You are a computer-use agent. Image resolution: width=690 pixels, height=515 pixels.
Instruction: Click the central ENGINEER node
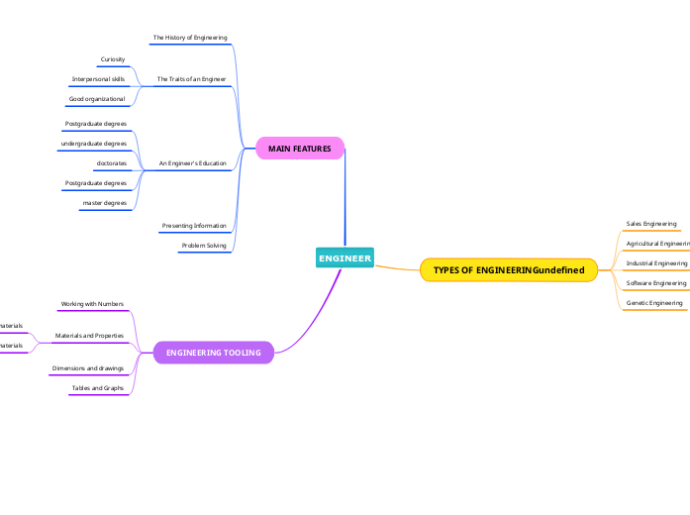click(345, 258)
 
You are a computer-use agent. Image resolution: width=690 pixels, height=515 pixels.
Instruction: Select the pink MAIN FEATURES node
click(299, 149)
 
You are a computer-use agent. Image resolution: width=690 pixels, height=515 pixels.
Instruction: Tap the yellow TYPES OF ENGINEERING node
click(508, 270)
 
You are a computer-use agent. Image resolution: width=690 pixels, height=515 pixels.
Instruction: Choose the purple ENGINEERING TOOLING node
click(213, 353)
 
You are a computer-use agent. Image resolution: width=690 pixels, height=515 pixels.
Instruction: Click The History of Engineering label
click(190, 38)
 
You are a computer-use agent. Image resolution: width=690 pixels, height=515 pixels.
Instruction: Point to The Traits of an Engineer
click(191, 78)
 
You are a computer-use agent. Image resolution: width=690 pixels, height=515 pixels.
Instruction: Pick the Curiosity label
click(113, 59)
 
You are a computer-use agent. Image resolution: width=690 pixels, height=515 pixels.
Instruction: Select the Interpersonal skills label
click(98, 78)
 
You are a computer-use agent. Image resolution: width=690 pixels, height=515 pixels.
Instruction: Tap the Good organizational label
click(97, 99)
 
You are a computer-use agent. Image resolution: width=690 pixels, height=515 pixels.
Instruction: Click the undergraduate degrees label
click(94, 144)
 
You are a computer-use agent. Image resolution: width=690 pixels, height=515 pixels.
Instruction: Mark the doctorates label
click(111, 162)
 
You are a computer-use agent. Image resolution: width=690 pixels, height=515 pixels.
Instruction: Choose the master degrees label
click(104, 203)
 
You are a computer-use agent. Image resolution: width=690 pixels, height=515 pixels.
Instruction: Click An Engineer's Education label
click(192, 162)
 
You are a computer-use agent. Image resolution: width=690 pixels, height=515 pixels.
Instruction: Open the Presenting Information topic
click(194, 226)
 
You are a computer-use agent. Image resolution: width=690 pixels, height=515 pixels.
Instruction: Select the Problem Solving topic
click(204, 246)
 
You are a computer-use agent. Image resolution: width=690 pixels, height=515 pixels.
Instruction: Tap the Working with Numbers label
click(92, 304)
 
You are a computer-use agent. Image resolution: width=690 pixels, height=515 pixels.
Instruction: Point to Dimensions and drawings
click(88, 368)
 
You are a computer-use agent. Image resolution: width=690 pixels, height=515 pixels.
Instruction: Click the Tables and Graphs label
click(97, 388)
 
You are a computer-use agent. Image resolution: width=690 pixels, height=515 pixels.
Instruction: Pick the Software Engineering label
click(656, 283)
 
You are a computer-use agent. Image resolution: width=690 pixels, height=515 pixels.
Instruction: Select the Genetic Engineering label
click(654, 303)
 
